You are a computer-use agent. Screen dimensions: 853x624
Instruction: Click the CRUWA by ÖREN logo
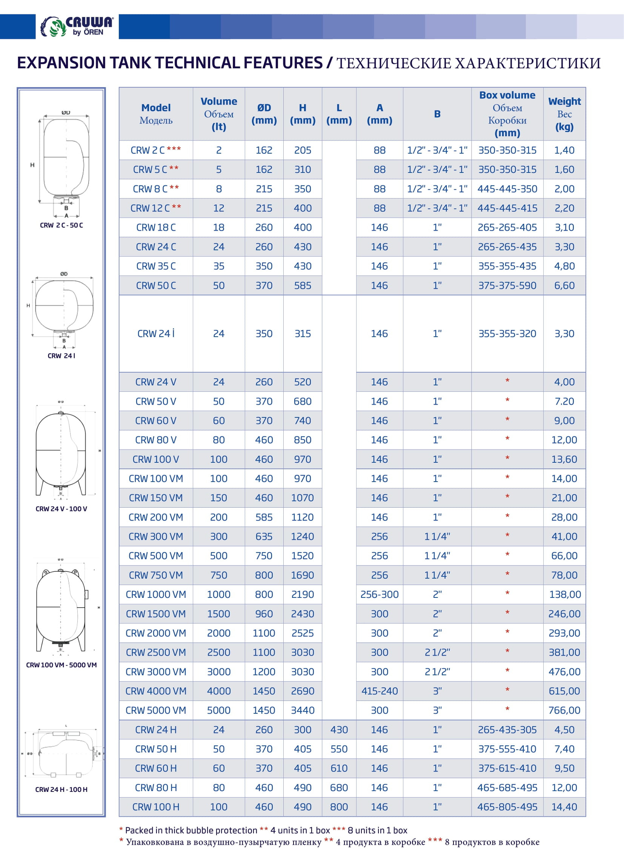click(x=77, y=26)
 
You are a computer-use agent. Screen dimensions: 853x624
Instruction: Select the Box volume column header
click(x=507, y=114)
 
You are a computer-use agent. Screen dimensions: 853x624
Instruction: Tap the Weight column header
click(x=564, y=114)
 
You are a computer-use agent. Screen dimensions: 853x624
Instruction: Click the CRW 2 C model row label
click(x=155, y=150)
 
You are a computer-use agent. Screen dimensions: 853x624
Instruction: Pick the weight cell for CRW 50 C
click(x=564, y=285)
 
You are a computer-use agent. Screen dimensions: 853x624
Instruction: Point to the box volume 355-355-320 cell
click(x=507, y=334)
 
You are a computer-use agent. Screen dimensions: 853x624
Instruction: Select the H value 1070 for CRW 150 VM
click(x=302, y=498)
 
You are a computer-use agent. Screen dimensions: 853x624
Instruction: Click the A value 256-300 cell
click(x=379, y=594)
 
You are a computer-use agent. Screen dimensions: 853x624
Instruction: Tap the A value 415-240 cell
click(x=379, y=691)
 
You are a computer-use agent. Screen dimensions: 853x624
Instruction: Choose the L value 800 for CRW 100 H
click(x=339, y=807)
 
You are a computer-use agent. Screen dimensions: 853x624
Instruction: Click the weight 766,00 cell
click(x=564, y=710)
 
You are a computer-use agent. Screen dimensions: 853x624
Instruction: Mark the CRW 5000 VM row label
click(x=155, y=710)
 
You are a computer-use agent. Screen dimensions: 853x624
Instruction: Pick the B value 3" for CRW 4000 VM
click(x=437, y=691)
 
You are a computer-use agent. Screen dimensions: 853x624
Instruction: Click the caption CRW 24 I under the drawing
click(x=61, y=356)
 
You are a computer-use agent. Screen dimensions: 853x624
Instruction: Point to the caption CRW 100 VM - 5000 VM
click(x=61, y=665)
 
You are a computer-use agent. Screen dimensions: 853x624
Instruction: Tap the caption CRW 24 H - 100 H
click(x=61, y=790)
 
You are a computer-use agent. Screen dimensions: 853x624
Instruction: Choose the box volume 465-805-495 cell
click(x=507, y=807)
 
